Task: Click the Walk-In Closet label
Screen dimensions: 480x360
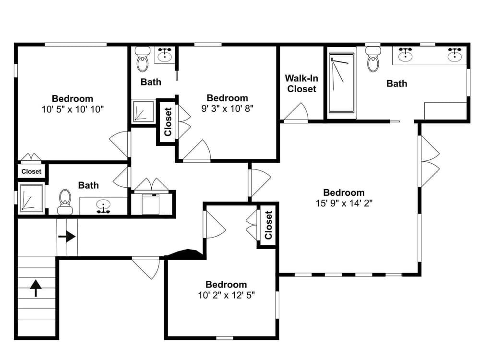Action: (x=301, y=84)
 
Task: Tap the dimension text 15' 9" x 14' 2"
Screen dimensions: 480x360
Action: (x=344, y=203)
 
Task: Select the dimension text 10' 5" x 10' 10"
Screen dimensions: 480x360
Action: (x=72, y=109)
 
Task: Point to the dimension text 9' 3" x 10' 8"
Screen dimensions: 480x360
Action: (x=227, y=108)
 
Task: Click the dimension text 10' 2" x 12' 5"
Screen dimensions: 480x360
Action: (x=226, y=295)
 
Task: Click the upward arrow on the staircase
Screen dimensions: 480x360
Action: (x=36, y=288)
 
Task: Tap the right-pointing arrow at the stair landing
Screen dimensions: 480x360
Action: (x=67, y=237)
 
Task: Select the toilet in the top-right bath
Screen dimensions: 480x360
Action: (x=373, y=60)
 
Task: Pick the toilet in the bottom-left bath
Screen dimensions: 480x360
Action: (x=65, y=202)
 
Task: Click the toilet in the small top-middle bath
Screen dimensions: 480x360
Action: (x=143, y=60)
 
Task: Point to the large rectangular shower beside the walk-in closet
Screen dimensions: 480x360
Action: (x=342, y=83)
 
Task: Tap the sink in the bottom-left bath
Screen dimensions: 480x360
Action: (x=104, y=206)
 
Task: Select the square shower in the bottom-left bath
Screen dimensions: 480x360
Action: (x=31, y=198)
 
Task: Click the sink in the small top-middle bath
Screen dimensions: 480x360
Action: (x=165, y=54)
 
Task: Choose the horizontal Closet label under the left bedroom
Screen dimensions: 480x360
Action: (x=31, y=171)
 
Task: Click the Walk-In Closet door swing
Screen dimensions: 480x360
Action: (x=296, y=112)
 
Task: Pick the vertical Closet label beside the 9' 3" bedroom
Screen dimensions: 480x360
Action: (x=168, y=121)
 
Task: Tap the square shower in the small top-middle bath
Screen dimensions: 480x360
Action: (x=143, y=111)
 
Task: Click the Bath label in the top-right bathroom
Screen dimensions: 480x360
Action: (x=397, y=84)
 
